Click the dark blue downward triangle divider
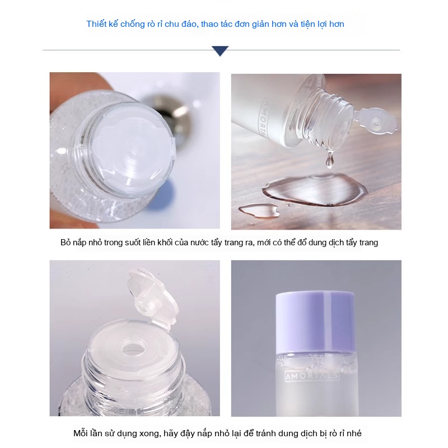pos(220,50)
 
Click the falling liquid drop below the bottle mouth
pos(330,160)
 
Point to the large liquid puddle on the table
pos(314,189)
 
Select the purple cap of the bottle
pos(315,323)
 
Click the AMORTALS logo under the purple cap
pos(312,376)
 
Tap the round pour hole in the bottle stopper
pos(133,347)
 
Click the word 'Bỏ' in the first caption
pos(66,242)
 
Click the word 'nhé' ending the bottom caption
pos(354,433)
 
